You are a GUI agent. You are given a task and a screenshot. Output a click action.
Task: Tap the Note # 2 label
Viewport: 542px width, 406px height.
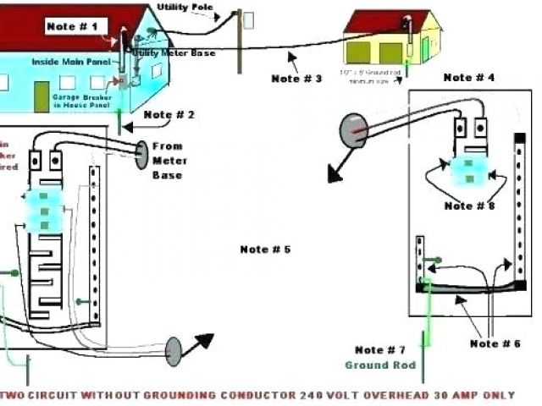[169, 114]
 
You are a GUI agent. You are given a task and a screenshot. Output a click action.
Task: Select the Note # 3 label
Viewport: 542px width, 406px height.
[296, 79]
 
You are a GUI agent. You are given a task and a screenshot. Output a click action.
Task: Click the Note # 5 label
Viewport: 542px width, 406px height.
[265, 250]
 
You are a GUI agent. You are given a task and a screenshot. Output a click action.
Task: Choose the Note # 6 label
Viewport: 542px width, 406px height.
[496, 343]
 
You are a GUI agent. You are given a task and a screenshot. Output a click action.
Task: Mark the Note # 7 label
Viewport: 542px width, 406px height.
[380, 350]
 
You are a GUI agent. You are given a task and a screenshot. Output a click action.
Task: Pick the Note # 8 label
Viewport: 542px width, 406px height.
[470, 206]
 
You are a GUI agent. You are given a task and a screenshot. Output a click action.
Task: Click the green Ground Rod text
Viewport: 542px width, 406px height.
[380, 365]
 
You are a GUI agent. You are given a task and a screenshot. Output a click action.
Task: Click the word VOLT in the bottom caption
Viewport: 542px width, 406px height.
[340, 395]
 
